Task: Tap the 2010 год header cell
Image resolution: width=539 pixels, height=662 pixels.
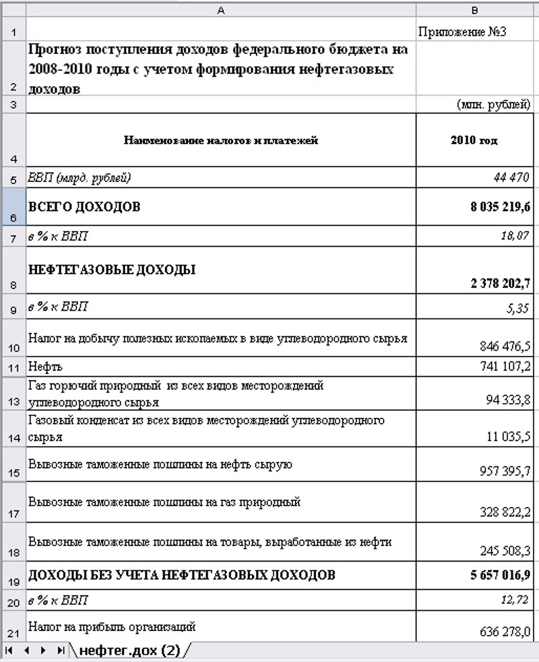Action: coord(474,141)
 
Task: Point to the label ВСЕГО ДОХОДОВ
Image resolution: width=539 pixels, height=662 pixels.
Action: coord(84,207)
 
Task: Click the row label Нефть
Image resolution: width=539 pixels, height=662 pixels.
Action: coord(45,367)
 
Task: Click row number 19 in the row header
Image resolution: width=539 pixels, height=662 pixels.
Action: coord(13,577)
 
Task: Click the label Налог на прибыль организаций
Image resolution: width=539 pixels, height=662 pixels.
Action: coord(112,627)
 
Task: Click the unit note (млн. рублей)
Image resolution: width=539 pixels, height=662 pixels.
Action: coord(493,104)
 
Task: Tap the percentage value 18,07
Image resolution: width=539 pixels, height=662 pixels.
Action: coord(515,236)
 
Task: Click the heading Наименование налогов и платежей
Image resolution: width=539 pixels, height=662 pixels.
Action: coord(221,141)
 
